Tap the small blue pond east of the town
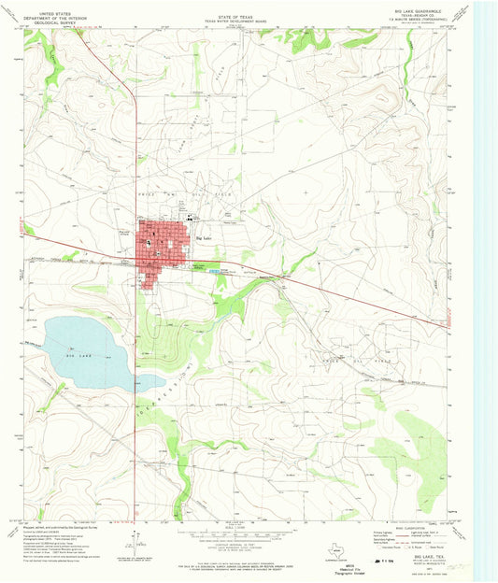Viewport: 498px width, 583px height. [x=217, y=271]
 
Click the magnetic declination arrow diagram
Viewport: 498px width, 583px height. [x=131, y=538]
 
